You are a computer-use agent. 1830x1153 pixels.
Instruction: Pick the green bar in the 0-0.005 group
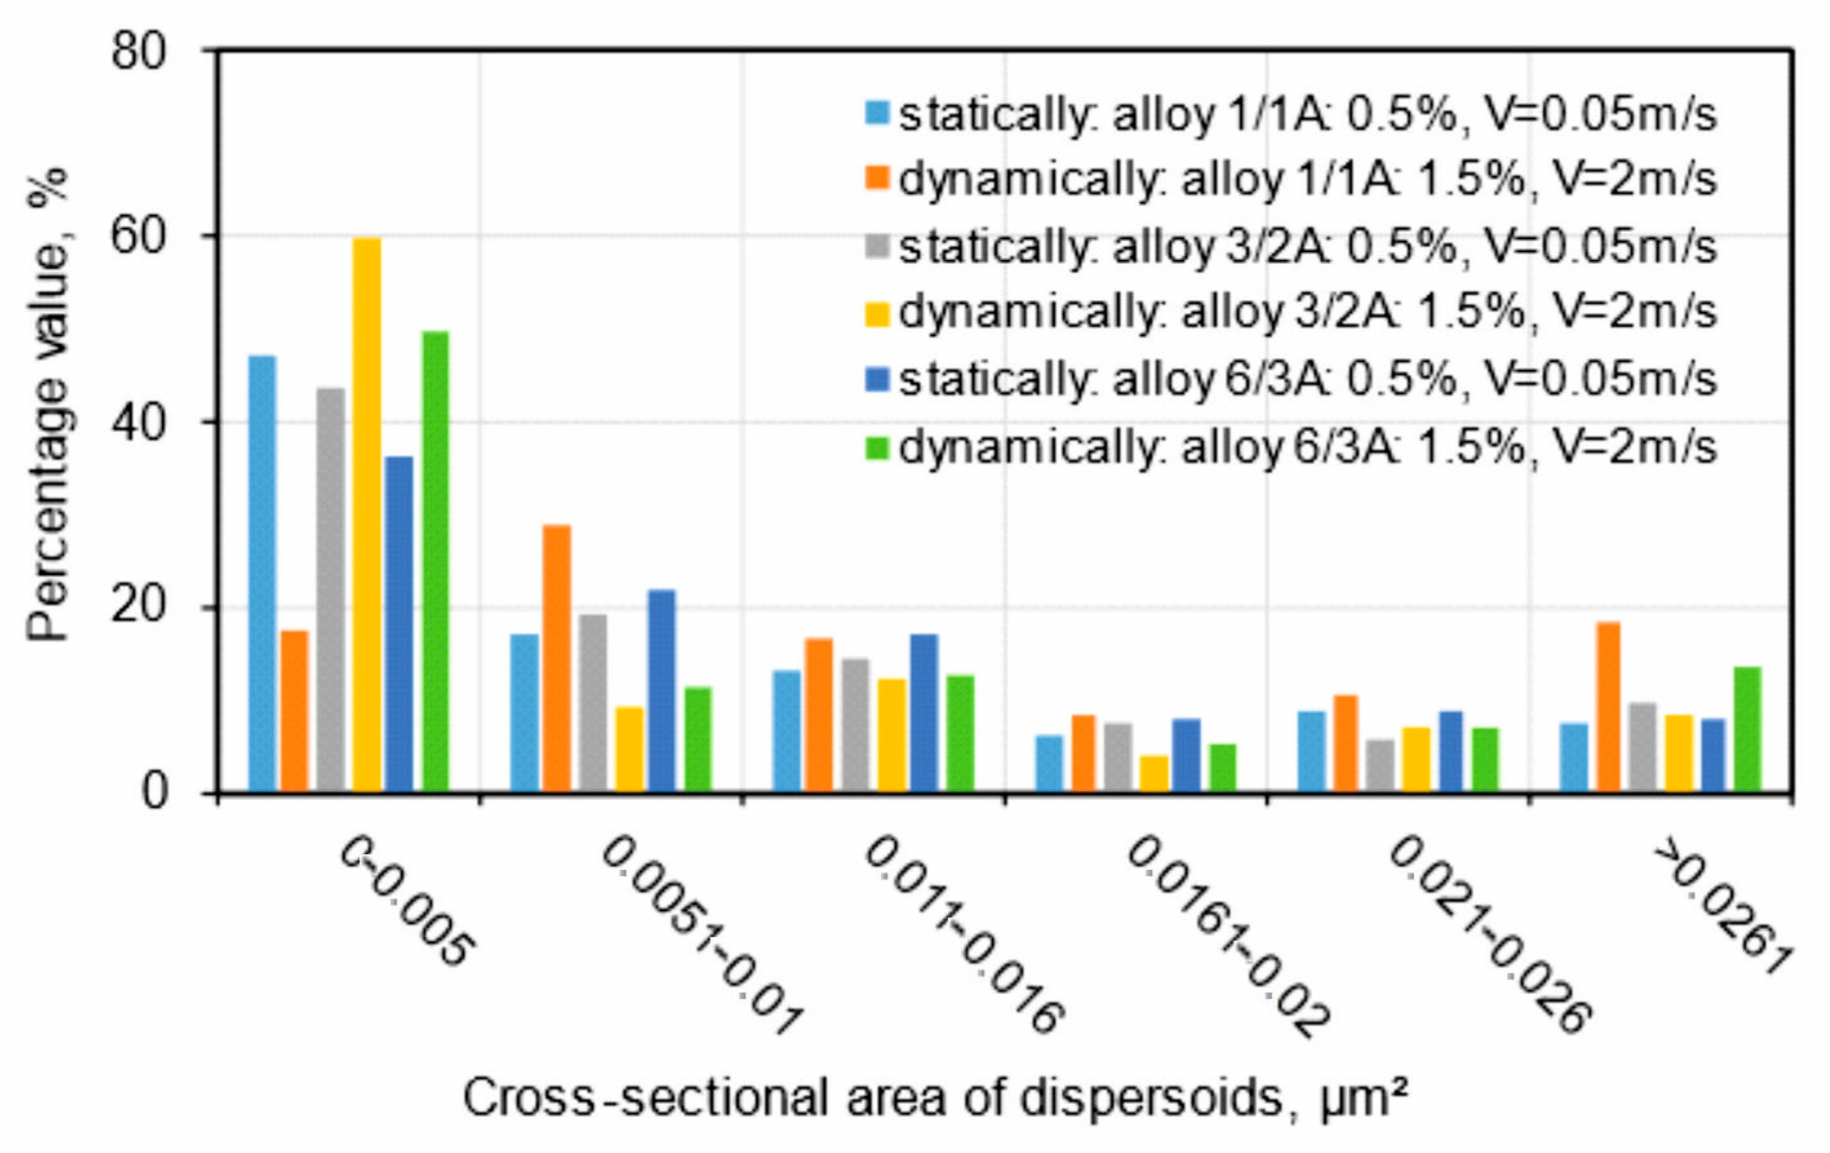click(x=436, y=562)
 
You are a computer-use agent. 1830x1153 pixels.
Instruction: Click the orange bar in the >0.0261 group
click(x=1608, y=707)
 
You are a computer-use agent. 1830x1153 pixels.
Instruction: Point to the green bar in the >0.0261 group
click(x=1747, y=729)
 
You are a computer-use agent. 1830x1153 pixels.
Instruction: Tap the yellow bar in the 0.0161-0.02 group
click(x=1154, y=773)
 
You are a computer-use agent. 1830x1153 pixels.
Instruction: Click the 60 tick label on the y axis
click(x=138, y=237)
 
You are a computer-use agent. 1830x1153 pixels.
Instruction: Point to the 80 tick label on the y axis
click(x=138, y=53)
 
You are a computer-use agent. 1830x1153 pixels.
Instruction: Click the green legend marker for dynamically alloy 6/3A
click(x=877, y=448)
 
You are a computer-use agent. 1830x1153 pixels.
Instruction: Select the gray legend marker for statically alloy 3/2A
click(x=877, y=248)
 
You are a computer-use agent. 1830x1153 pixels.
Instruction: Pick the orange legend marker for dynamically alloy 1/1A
click(x=877, y=180)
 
